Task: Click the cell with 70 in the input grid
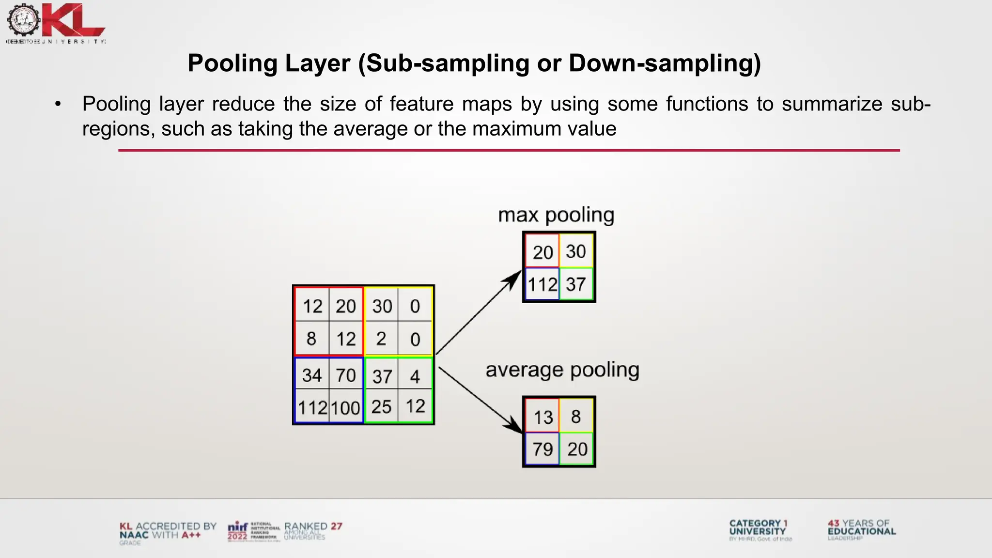click(346, 375)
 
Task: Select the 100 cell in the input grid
click(346, 407)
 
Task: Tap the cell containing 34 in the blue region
click(311, 375)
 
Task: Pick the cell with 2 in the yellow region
click(381, 339)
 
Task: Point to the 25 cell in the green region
click(381, 407)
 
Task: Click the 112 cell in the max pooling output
click(542, 284)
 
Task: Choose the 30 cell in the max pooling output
click(576, 251)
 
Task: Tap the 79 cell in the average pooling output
click(542, 449)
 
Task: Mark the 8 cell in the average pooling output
click(576, 417)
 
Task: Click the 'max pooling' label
click(556, 215)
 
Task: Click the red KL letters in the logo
click(73, 20)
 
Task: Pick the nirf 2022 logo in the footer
click(238, 531)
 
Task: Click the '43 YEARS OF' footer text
click(859, 523)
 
